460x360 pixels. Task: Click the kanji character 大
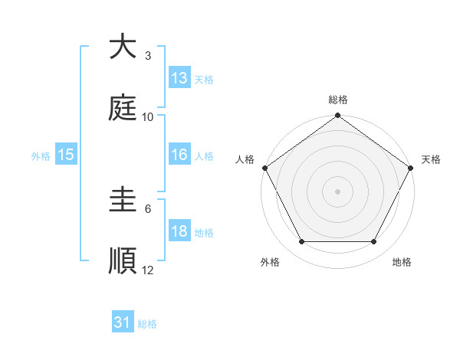[x=123, y=47]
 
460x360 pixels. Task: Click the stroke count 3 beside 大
[x=147, y=56]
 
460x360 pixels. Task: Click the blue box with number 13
[x=179, y=78]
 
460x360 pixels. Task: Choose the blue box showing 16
[x=179, y=155]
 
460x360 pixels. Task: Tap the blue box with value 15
[x=66, y=155]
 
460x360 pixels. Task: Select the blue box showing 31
[x=123, y=323]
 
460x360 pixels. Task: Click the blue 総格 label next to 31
[x=147, y=325]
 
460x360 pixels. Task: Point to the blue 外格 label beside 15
[x=41, y=156]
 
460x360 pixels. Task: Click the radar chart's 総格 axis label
[x=338, y=100]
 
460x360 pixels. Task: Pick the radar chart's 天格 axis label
[x=431, y=159]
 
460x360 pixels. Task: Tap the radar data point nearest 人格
[x=265, y=168]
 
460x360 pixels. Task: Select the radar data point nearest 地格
[x=374, y=241]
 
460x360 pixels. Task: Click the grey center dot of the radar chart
[x=338, y=191]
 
